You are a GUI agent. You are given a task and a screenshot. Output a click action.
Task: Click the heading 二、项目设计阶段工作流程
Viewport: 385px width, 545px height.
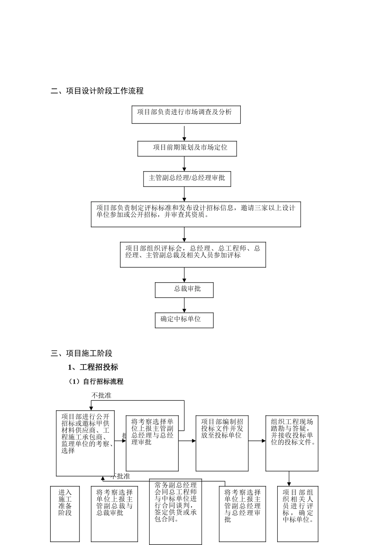click(x=97, y=91)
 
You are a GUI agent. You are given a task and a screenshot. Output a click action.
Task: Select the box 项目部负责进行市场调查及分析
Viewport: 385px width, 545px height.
click(x=186, y=114)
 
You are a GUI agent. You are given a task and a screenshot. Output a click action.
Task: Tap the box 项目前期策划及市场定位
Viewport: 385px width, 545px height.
click(x=187, y=148)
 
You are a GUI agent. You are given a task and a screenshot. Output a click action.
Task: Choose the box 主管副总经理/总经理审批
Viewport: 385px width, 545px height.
click(x=187, y=179)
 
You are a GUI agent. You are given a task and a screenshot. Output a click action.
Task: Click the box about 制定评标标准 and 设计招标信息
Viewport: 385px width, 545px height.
click(x=196, y=214)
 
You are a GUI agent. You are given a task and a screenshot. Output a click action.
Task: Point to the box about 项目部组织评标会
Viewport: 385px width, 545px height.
click(x=193, y=254)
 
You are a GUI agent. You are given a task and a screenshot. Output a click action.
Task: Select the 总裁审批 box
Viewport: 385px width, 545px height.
click(x=184, y=290)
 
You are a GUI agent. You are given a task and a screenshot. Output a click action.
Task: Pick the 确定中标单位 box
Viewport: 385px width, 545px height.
click(x=184, y=320)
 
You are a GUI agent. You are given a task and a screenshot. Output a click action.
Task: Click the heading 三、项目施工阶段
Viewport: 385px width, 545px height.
click(x=81, y=353)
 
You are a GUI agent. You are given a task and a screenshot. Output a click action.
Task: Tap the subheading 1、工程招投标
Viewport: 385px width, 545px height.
click(x=93, y=367)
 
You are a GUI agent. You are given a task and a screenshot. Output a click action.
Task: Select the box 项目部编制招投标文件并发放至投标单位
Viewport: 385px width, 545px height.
click(x=222, y=443)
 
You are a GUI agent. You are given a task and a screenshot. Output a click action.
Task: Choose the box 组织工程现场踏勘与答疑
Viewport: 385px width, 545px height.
click(x=292, y=443)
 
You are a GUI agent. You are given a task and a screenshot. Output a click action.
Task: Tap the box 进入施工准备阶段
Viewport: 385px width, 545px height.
click(x=65, y=513)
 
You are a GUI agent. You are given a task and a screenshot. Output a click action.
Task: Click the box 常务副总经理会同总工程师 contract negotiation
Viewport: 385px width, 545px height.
click(x=175, y=511)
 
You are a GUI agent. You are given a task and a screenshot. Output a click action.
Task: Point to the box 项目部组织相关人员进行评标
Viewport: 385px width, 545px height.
click(x=298, y=513)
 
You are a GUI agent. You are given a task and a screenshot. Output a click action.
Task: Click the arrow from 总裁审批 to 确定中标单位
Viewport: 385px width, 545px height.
click(x=184, y=305)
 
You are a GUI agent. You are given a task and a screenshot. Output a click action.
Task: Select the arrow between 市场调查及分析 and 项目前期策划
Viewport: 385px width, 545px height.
click(x=184, y=133)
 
